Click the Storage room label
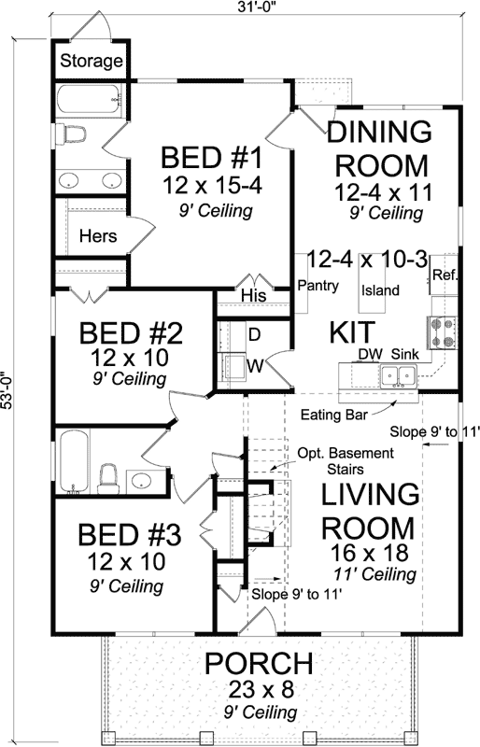[x=92, y=63]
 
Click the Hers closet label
[x=98, y=236]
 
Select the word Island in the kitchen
[x=380, y=290]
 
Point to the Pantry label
[x=318, y=287]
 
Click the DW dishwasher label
[x=369, y=355]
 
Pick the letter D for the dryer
[x=252, y=333]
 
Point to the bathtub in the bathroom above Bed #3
[x=75, y=463]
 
